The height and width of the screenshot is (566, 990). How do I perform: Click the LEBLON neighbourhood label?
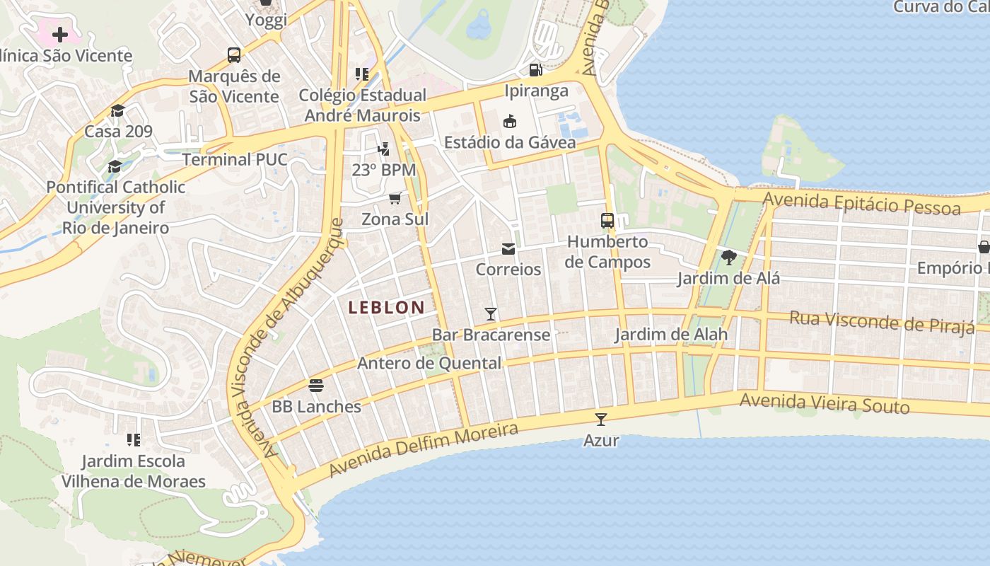pos(386,307)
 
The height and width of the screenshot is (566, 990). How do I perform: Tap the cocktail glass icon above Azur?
pos(601,419)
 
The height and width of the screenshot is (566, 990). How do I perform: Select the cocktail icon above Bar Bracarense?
pos(491,313)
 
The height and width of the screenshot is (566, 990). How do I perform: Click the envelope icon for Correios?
pos(508,249)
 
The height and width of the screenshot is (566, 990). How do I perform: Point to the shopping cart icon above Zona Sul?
pos(395,198)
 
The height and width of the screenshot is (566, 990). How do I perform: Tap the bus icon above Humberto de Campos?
pos(607,221)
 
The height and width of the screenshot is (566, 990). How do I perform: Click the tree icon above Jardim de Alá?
pos(728,258)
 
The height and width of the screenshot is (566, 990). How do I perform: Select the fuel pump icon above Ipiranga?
pos(536,69)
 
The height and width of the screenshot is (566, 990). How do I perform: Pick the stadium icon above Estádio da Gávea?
pos(510,122)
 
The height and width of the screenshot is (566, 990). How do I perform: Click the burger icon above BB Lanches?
pos(316,386)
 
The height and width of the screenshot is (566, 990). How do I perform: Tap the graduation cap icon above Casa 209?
pos(118,110)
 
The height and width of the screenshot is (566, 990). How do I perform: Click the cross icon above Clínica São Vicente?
pos(60,34)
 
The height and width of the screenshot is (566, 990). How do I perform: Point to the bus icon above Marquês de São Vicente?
pos(234,54)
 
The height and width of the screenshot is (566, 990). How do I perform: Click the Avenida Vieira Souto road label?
pos(825,403)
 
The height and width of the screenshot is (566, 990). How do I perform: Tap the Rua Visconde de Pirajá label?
pos(882,322)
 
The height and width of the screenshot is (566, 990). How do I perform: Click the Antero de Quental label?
pos(429,363)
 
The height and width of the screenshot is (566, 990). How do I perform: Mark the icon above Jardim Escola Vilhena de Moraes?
pos(133,440)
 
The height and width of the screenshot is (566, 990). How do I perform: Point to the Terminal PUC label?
pos(235,159)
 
